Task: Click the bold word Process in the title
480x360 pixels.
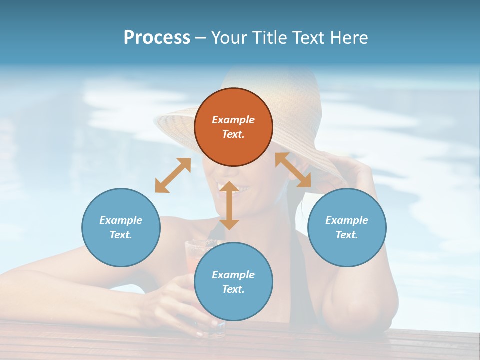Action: tap(157, 38)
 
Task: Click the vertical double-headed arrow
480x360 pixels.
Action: tap(229, 205)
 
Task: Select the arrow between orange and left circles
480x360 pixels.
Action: tap(173, 175)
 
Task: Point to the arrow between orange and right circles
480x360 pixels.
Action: tap(293, 170)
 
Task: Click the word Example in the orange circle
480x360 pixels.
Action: tap(233, 120)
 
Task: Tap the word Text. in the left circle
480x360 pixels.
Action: tap(121, 235)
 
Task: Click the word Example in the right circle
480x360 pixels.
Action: tap(347, 220)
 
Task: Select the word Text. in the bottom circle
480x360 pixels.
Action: tap(233, 289)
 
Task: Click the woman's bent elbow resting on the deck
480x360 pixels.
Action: tap(350, 315)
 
